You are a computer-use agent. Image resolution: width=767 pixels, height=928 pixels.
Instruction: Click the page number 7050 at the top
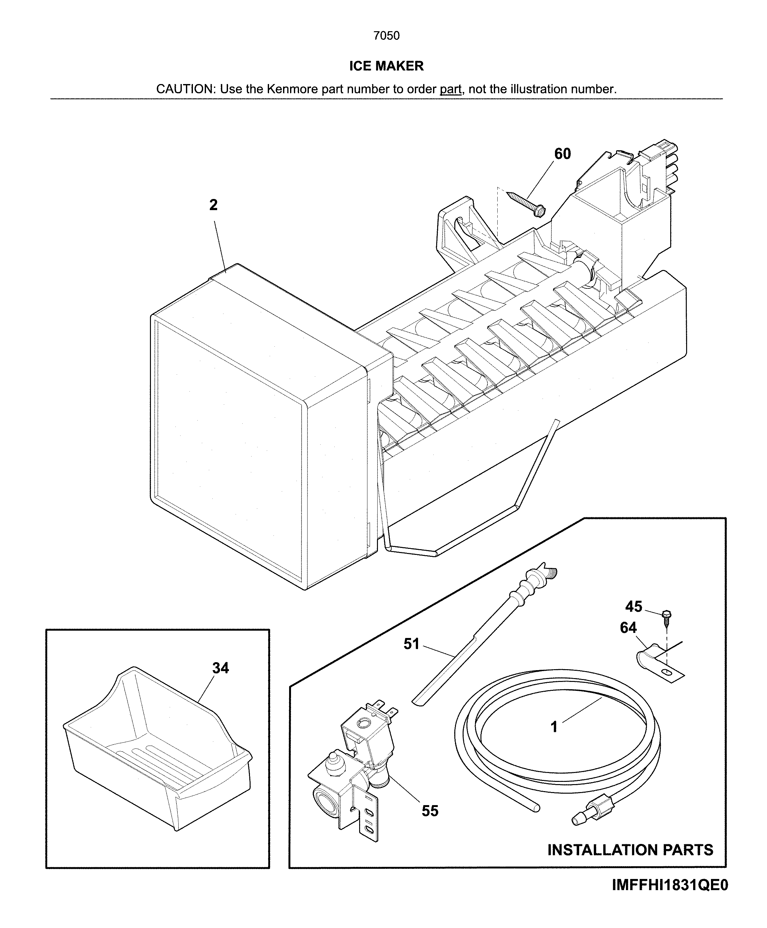point(386,36)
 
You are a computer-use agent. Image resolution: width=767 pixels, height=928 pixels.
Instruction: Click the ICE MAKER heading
point(386,66)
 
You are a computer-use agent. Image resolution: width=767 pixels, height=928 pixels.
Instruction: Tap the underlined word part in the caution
point(450,89)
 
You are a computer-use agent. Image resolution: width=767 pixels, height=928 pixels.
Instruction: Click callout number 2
point(213,205)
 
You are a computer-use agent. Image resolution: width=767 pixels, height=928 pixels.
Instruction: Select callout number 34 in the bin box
point(220,668)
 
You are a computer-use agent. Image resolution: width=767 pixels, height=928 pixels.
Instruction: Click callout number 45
point(633,606)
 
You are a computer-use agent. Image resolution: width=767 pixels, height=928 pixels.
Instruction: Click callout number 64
point(628,628)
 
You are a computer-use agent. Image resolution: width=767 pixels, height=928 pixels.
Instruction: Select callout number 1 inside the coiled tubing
point(554,726)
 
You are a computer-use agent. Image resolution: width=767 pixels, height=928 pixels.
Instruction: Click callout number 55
point(430,811)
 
